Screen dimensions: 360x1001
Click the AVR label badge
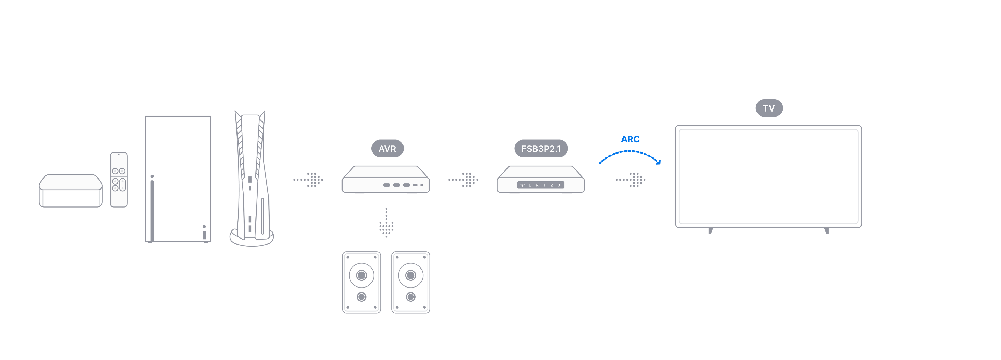click(x=387, y=149)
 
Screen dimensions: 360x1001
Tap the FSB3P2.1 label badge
click(x=541, y=149)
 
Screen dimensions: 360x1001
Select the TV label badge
click(x=769, y=108)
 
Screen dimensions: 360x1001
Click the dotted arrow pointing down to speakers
click(x=386, y=223)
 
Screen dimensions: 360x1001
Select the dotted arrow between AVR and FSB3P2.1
click(x=463, y=180)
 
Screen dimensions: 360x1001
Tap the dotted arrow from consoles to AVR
click(x=308, y=180)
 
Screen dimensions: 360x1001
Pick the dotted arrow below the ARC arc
click(x=631, y=180)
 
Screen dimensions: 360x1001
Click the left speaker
click(x=361, y=282)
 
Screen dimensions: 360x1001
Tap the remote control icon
click(x=119, y=180)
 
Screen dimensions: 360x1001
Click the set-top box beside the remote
click(x=71, y=191)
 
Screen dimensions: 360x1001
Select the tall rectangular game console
click(x=178, y=180)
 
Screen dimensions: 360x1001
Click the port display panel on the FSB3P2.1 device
click(x=541, y=185)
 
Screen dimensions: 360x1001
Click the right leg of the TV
click(x=827, y=231)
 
